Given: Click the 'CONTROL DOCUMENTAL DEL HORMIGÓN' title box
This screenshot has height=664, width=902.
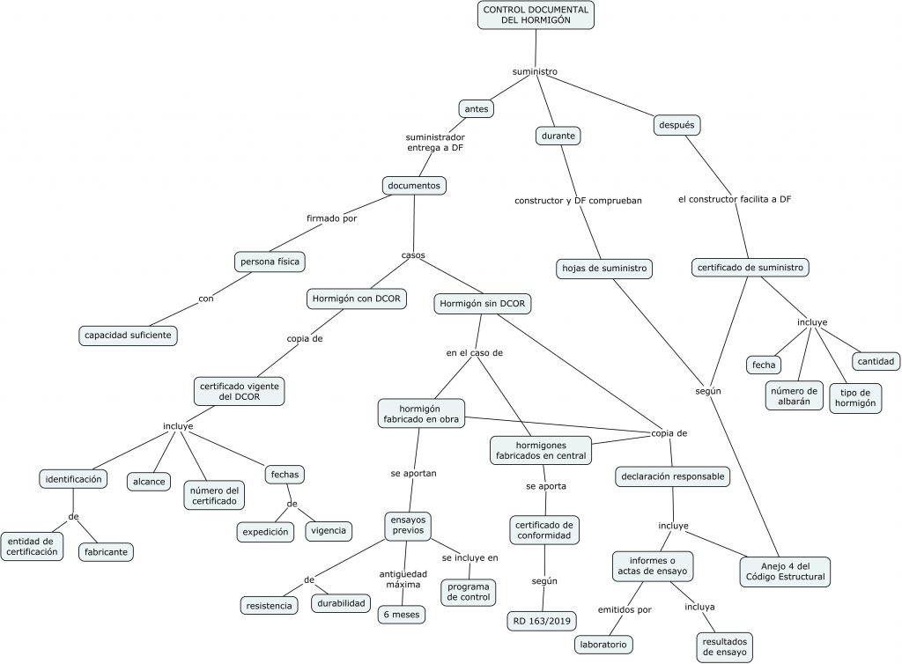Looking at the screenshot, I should pos(536,14).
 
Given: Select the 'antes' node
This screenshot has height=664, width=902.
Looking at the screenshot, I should pos(476,109).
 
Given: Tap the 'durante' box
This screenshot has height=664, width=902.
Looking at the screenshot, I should pos(558,136).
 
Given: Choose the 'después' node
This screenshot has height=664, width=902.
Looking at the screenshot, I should pos(676,125).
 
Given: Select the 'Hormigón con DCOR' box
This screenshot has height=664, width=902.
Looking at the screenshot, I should pos(356,299).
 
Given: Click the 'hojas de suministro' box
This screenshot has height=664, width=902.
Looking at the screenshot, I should pos(604,268).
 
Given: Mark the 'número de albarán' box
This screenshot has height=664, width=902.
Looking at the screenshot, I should pos(793,396).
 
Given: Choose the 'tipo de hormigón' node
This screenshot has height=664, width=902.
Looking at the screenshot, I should pos(855,397).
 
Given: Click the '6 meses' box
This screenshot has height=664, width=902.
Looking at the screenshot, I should pos(401,614).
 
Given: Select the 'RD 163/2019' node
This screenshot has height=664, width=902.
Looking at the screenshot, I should pos(543,622).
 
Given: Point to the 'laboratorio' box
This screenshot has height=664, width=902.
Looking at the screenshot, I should pos(603,645).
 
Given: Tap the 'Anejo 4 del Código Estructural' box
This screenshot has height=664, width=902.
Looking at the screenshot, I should pos(783,571).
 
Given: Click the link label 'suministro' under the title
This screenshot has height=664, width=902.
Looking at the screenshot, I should pos(535,71).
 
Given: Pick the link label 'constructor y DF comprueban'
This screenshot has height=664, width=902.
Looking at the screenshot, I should pos(578,201).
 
